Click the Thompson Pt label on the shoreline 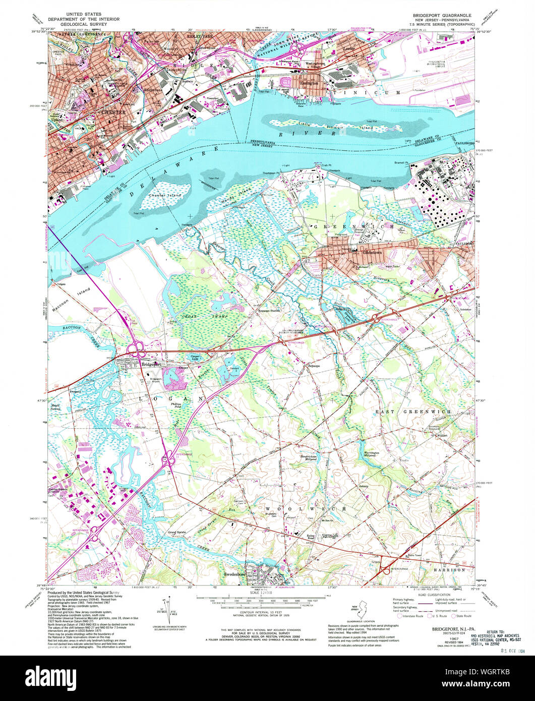272,172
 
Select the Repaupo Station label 268,311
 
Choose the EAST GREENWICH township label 412,412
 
